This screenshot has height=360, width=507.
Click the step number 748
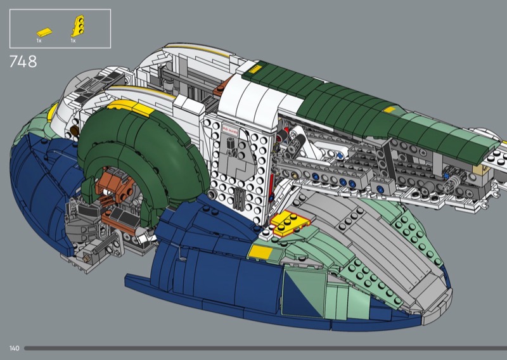[x=23, y=62]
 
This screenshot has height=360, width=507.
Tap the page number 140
[x=15, y=348]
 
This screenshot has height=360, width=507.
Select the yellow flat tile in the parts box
[x=44, y=32]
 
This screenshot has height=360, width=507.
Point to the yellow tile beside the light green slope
[x=260, y=252]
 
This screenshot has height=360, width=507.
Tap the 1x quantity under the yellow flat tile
[x=39, y=41]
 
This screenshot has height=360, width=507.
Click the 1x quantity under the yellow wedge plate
[x=74, y=41]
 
